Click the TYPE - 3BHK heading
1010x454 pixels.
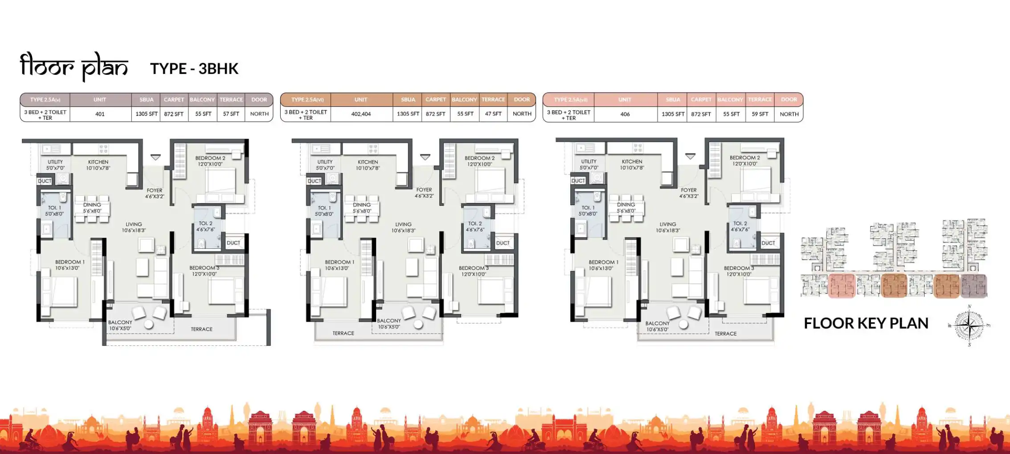[x=194, y=69]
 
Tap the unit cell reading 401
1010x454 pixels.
[x=100, y=114]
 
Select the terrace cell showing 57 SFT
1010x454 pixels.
[x=231, y=114]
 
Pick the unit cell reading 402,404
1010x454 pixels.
[x=361, y=114]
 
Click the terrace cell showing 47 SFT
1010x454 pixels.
[x=493, y=114]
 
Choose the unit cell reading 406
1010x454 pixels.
[x=625, y=114]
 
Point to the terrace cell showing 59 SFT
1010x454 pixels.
[x=760, y=114]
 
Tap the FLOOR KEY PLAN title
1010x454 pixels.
[x=866, y=323]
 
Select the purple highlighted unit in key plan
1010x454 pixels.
[x=973, y=285]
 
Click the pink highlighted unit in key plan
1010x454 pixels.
[x=842, y=285]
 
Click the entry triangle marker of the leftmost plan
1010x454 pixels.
[x=155, y=157]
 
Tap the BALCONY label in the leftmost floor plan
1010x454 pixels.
[x=120, y=322]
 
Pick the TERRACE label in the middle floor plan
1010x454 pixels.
[x=343, y=333]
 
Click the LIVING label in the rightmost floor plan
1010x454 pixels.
[x=667, y=224]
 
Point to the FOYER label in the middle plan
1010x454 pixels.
[x=424, y=190]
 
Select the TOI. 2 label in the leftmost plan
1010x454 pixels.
[x=205, y=223]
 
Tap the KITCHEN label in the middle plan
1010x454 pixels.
[x=368, y=162]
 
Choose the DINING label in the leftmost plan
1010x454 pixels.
[x=92, y=205]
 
